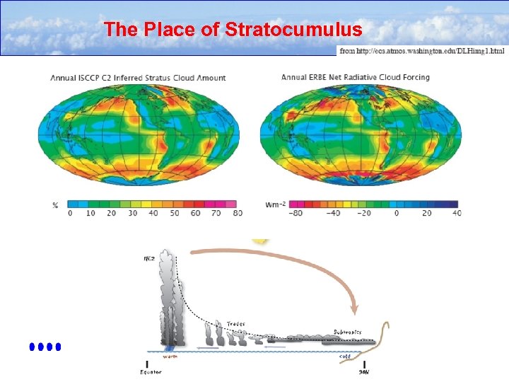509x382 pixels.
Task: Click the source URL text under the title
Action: point(422,51)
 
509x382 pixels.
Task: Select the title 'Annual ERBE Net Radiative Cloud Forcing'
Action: point(355,77)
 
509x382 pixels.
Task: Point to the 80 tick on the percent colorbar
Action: point(237,213)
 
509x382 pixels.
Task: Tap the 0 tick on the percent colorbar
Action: point(69,213)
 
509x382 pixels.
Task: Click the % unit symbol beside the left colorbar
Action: point(55,204)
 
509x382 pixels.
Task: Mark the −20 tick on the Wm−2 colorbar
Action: point(364,213)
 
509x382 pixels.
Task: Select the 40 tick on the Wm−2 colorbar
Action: point(457,213)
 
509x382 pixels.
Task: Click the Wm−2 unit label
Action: point(276,204)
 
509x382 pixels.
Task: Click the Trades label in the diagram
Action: point(237,323)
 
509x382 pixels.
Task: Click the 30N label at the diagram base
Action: point(365,371)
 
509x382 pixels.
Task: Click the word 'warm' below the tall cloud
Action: point(170,357)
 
